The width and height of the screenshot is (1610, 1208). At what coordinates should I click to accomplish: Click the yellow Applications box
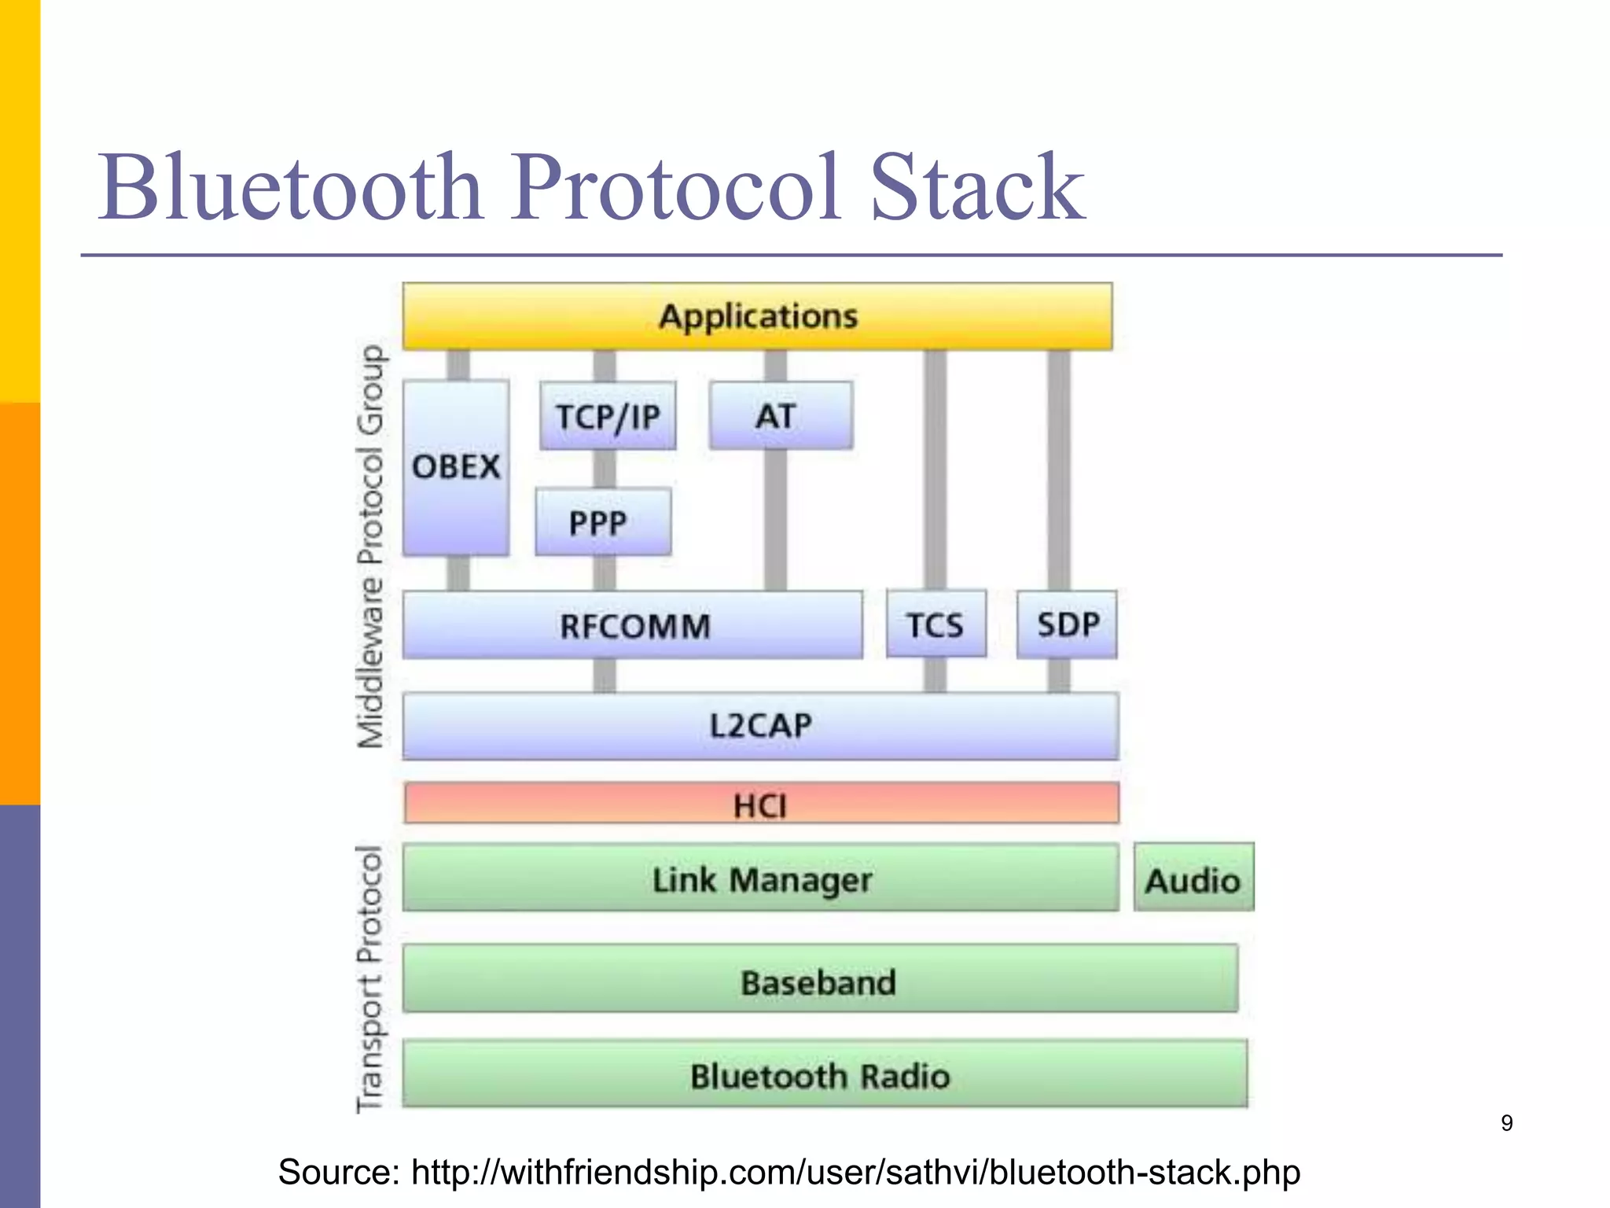(757, 316)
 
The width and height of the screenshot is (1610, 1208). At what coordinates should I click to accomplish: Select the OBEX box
(456, 467)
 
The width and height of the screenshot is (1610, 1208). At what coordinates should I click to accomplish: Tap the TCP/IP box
(608, 416)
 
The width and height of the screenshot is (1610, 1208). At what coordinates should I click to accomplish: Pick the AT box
(780, 416)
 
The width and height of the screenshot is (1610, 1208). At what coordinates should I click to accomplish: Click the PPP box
(603, 522)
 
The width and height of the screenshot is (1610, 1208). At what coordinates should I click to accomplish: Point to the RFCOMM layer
(632, 625)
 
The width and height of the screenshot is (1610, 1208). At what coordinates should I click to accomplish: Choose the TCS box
(935, 624)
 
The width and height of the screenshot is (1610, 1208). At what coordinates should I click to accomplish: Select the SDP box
(1067, 624)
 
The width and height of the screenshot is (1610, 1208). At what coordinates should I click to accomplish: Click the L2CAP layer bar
(759, 725)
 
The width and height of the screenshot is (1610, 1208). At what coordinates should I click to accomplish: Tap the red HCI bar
(760, 804)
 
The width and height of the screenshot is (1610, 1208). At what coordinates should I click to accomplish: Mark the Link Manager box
(760, 878)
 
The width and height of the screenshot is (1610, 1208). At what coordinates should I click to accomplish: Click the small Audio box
(1193, 878)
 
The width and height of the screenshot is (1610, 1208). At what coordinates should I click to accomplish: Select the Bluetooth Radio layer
(823, 1074)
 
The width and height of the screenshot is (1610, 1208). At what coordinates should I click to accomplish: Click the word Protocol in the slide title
(676, 189)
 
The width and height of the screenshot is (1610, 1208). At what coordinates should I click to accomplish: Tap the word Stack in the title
(976, 189)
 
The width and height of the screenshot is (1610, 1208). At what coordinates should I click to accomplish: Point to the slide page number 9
(1506, 1123)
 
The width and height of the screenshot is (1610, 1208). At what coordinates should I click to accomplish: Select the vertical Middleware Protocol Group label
(371, 546)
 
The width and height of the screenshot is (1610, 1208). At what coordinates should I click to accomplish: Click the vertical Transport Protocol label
(369, 979)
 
